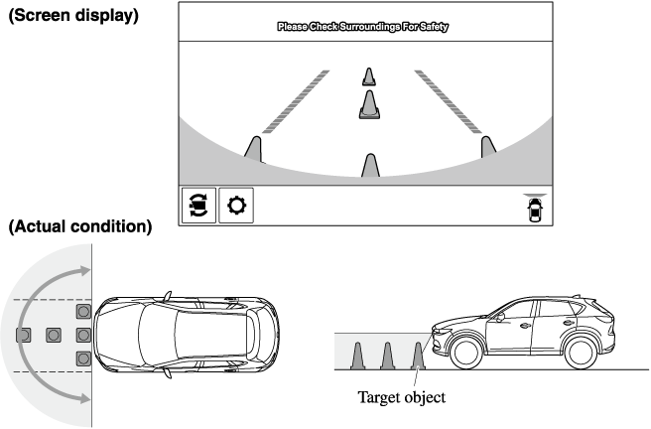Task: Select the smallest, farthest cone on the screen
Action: point(369,75)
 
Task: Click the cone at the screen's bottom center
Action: point(370,166)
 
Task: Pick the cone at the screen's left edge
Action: point(253,148)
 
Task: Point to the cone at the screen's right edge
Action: point(487,147)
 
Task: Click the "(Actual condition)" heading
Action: point(78,227)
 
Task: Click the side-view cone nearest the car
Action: point(418,354)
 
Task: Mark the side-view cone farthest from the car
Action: point(360,354)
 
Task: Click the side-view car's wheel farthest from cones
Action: point(582,352)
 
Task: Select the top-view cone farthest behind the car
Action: point(23,335)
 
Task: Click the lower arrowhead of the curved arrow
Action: point(88,399)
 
